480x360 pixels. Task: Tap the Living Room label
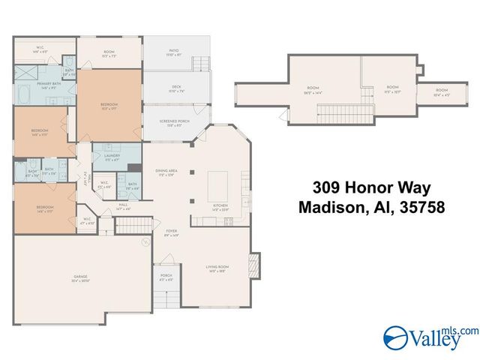pyautogui.click(x=217, y=268)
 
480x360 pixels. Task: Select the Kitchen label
pyautogui.click(x=220, y=206)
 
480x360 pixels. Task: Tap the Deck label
pyautogui.click(x=176, y=88)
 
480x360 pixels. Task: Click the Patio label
pyautogui.click(x=173, y=52)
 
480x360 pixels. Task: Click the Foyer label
pyautogui.click(x=172, y=232)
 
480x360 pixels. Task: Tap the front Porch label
pyautogui.click(x=166, y=277)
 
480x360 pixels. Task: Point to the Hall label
pyautogui.click(x=122, y=204)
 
